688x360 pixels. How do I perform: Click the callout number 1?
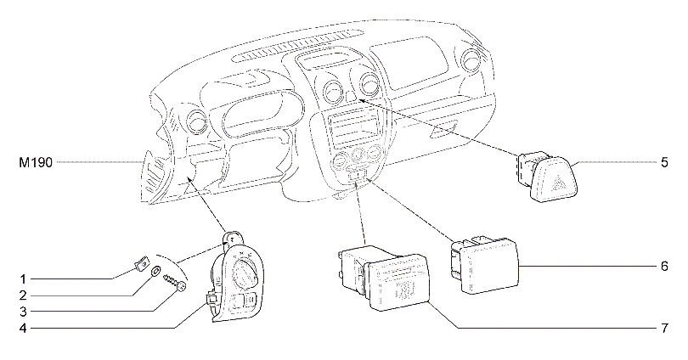click(x=24, y=278)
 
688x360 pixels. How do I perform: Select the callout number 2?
click(x=24, y=295)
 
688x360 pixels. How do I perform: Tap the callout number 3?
click(x=24, y=311)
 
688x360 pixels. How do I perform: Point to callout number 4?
click(x=24, y=327)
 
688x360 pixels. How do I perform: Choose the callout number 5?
click(x=663, y=161)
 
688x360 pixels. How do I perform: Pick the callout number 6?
click(x=663, y=267)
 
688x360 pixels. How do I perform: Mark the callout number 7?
click(x=663, y=327)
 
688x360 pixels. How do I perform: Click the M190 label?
click(x=35, y=161)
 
